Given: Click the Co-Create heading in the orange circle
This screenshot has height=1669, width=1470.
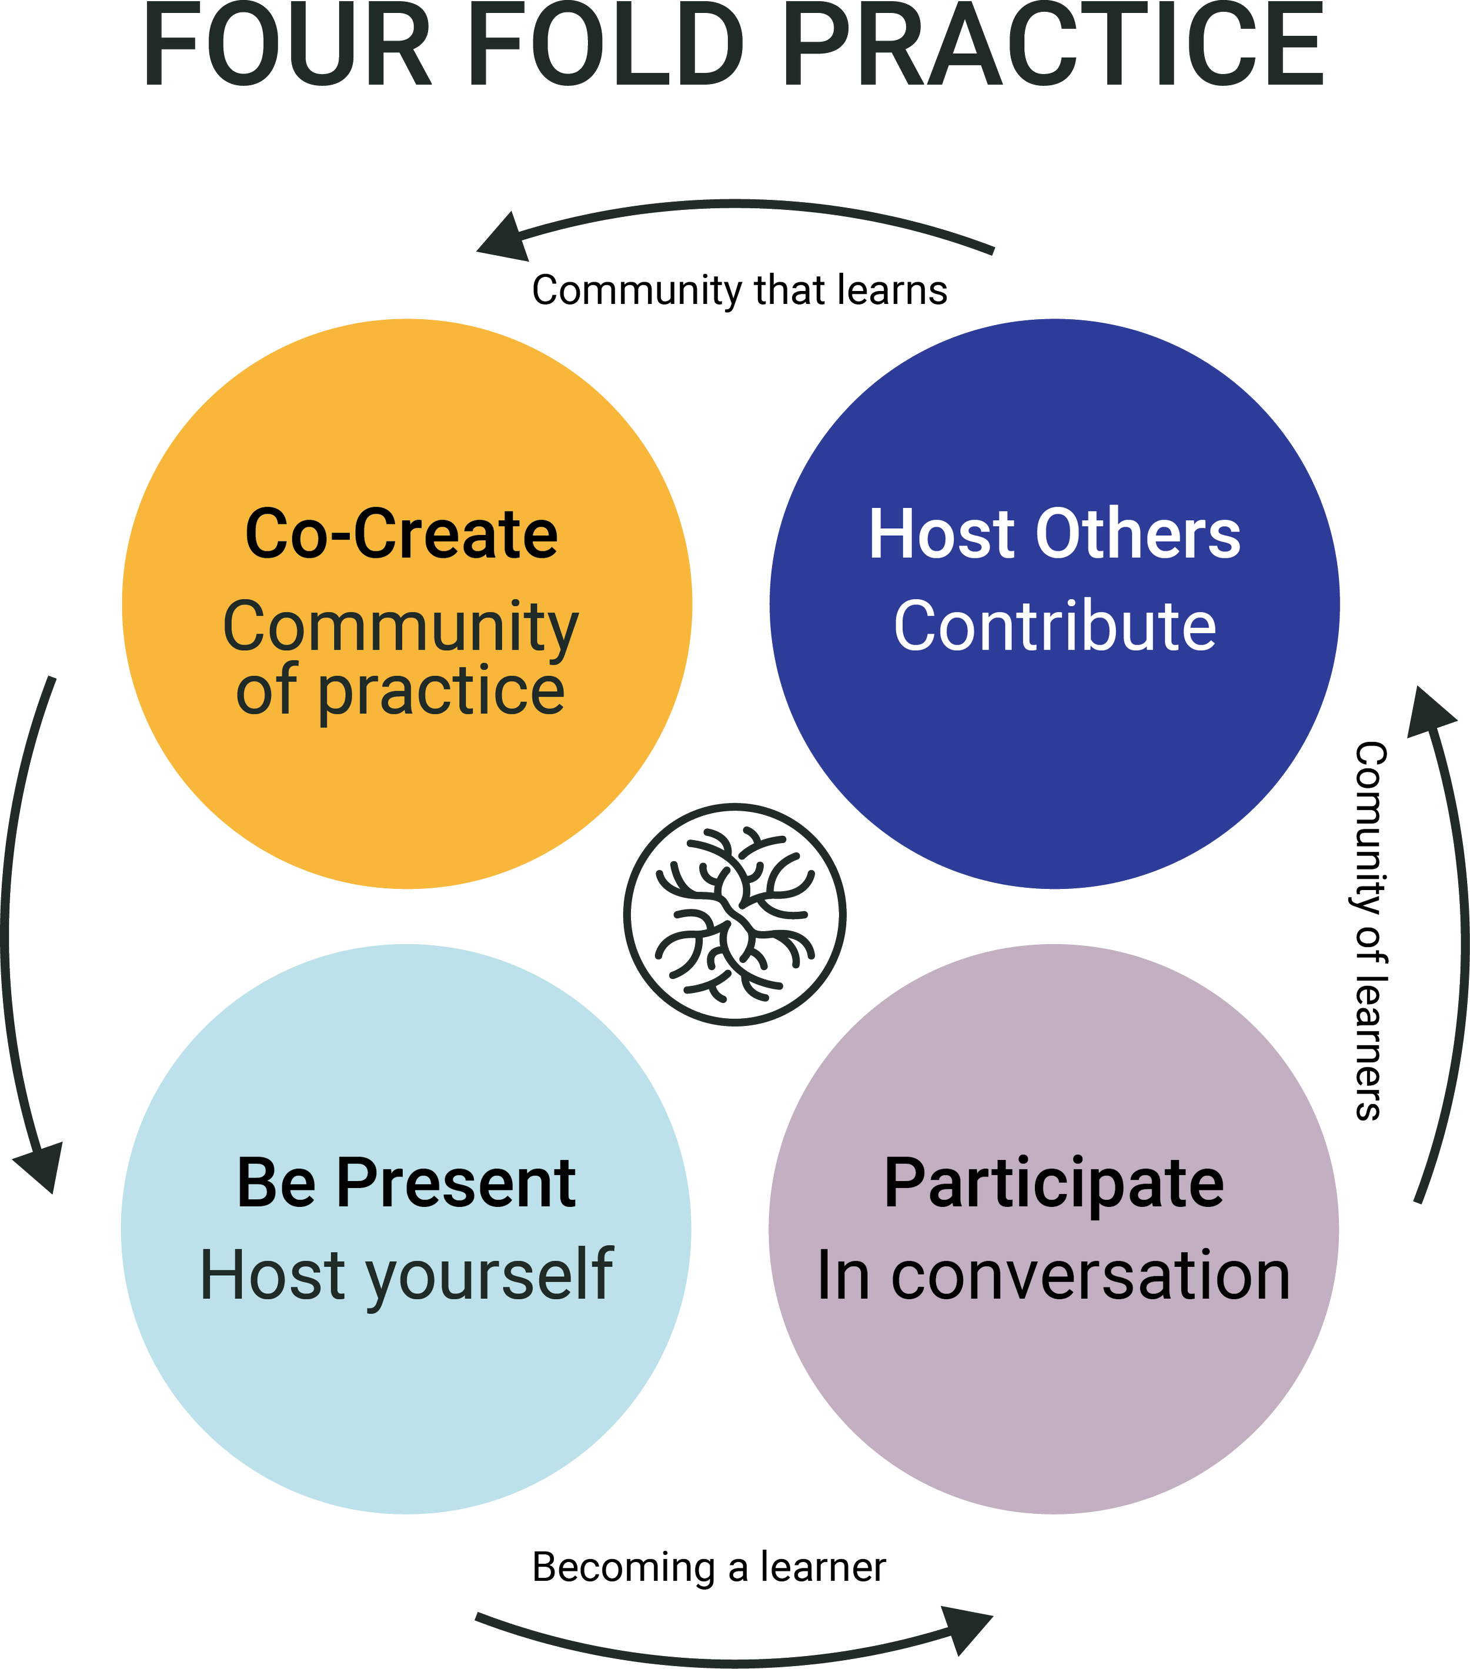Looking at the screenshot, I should pyautogui.click(x=402, y=535).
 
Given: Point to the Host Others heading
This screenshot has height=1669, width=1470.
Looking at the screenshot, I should pyautogui.click(x=1054, y=535).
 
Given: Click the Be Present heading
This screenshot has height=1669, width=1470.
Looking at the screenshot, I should pyautogui.click(x=406, y=1183).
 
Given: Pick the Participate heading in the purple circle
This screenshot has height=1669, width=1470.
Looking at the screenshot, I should pyautogui.click(x=1054, y=1183).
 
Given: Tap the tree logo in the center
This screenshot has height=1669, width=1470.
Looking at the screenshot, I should pyautogui.click(x=735, y=915).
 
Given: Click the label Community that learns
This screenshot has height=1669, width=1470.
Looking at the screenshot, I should pyautogui.click(x=739, y=292).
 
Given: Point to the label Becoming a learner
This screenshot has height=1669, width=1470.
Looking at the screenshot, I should pyautogui.click(x=709, y=1568).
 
